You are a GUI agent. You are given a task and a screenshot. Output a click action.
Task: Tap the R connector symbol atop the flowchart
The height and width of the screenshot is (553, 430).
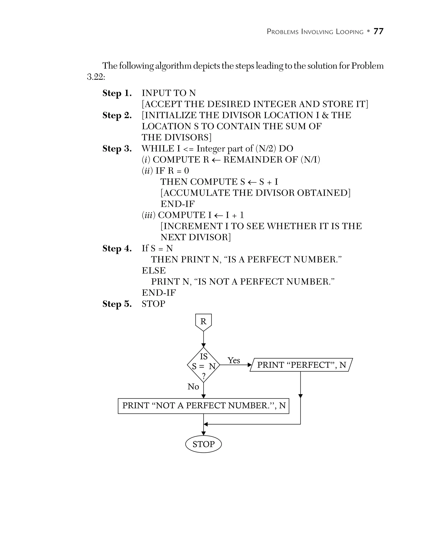click(x=203, y=322)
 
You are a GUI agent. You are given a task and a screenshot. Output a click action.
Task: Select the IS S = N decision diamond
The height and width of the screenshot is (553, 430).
click(x=203, y=365)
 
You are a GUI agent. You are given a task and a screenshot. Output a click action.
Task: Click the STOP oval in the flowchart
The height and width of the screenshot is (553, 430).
click(x=203, y=444)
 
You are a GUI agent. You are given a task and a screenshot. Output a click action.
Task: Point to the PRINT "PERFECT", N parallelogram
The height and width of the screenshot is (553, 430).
click(x=301, y=365)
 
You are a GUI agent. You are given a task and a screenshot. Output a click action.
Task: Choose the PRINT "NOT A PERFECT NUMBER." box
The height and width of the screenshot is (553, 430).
click(x=203, y=406)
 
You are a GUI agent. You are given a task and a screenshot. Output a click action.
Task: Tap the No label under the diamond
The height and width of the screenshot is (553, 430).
click(x=193, y=387)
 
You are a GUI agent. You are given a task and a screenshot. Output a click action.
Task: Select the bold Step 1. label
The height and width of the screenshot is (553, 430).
click(x=117, y=93)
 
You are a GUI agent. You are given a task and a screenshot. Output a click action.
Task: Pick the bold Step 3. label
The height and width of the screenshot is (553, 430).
click(x=117, y=149)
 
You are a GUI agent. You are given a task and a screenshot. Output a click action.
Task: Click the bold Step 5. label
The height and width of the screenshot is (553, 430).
click(x=117, y=304)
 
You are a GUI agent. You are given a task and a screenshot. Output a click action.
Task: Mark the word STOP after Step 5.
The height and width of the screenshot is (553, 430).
click(x=153, y=304)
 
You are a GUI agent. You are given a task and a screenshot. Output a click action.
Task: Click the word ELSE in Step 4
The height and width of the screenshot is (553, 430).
click(x=154, y=271)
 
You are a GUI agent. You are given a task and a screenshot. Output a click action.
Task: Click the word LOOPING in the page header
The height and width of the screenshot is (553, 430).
click(x=350, y=32)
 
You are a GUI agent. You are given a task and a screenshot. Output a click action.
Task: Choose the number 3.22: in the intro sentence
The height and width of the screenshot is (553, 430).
click(x=96, y=77)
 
